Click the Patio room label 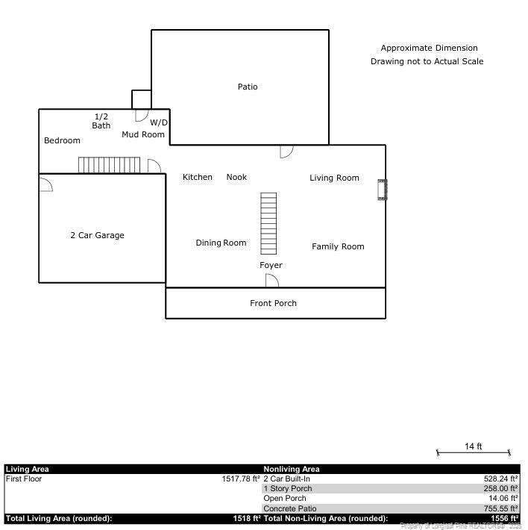(x=248, y=87)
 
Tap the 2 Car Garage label (x=97, y=235)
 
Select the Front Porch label (x=273, y=303)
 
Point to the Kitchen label (x=198, y=178)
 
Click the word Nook (x=236, y=178)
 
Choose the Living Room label (x=334, y=178)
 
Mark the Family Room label (x=338, y=246)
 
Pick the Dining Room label (x=221, y=243)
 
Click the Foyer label (x=271, y=265)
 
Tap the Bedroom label (x=62, y=140)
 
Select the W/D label (x=159, y=122)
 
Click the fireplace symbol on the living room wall (x=383, y=190)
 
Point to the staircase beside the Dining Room (x=268, y=222)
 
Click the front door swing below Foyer (x=272, y=281)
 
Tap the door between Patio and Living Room (x=286, y=151)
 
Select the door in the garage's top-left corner (x=45, y=183)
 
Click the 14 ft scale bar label (x=473, y=446)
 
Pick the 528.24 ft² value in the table (x=500, y=478)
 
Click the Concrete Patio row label (x=289, y=508)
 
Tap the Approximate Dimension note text (x=429, y=48)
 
